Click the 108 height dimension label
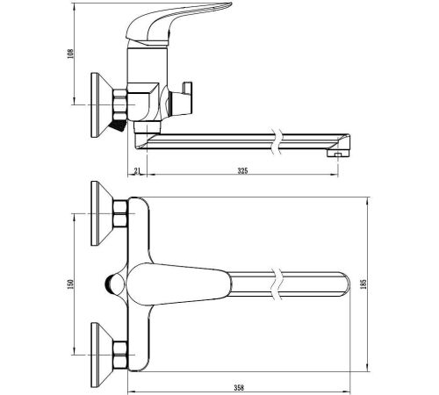(x=70, y=54)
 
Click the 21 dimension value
(x=138, y=170)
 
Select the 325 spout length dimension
(x=242, y=170)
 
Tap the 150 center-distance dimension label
(x=70, y=284)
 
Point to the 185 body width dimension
(x=363, y=284)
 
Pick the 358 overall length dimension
(x=239, y=388)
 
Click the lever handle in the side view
(x=178, y=24)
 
